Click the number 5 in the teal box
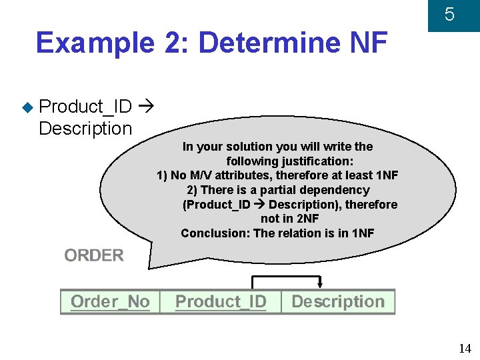click(449, 15)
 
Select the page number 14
click(465, 349)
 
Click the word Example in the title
click(93, 43)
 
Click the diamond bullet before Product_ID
click(27, 107)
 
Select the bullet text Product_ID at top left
click(85, 107)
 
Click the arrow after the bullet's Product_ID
click(148, 107)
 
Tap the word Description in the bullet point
click(85, 128)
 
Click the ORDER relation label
click(94, 255)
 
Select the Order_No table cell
click(110, 302)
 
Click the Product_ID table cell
click(221, 302)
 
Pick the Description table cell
click(338, 302)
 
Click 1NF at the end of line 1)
click(387, 175)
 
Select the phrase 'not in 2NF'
click(289, 219)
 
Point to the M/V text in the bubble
click(203, 175)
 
